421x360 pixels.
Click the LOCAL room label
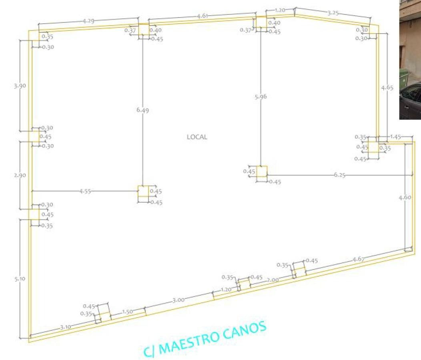click(x=197, y=137)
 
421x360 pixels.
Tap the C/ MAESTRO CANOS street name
click(x=205, y=339)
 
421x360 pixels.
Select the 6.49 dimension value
click(x=142, y=110)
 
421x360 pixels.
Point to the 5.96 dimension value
click(x=261, y=97)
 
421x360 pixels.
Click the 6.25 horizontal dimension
click(x=340, y=175)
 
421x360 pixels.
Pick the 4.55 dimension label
click(x=85, y=191)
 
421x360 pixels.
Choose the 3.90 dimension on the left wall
click(x=20, y=86)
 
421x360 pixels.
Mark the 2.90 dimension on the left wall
click(x=20, y=175)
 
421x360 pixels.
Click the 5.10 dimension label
click(x=20, y=279)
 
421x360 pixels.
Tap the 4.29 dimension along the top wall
click(x=88, y=21)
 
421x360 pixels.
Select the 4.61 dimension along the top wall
click(x=202, y=16)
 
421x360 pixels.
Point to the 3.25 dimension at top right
click(x=333, y=13)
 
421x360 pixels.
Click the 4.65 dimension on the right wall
click(x=387, y=88)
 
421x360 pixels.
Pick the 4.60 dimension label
click(x=405, y=197)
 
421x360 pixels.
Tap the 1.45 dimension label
click(x=395, y=137)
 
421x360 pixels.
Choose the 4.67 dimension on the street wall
click(x=359, y=259)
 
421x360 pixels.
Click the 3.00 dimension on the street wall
click(x=178, y=300)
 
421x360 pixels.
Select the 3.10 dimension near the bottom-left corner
click(x=65, y=327)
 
